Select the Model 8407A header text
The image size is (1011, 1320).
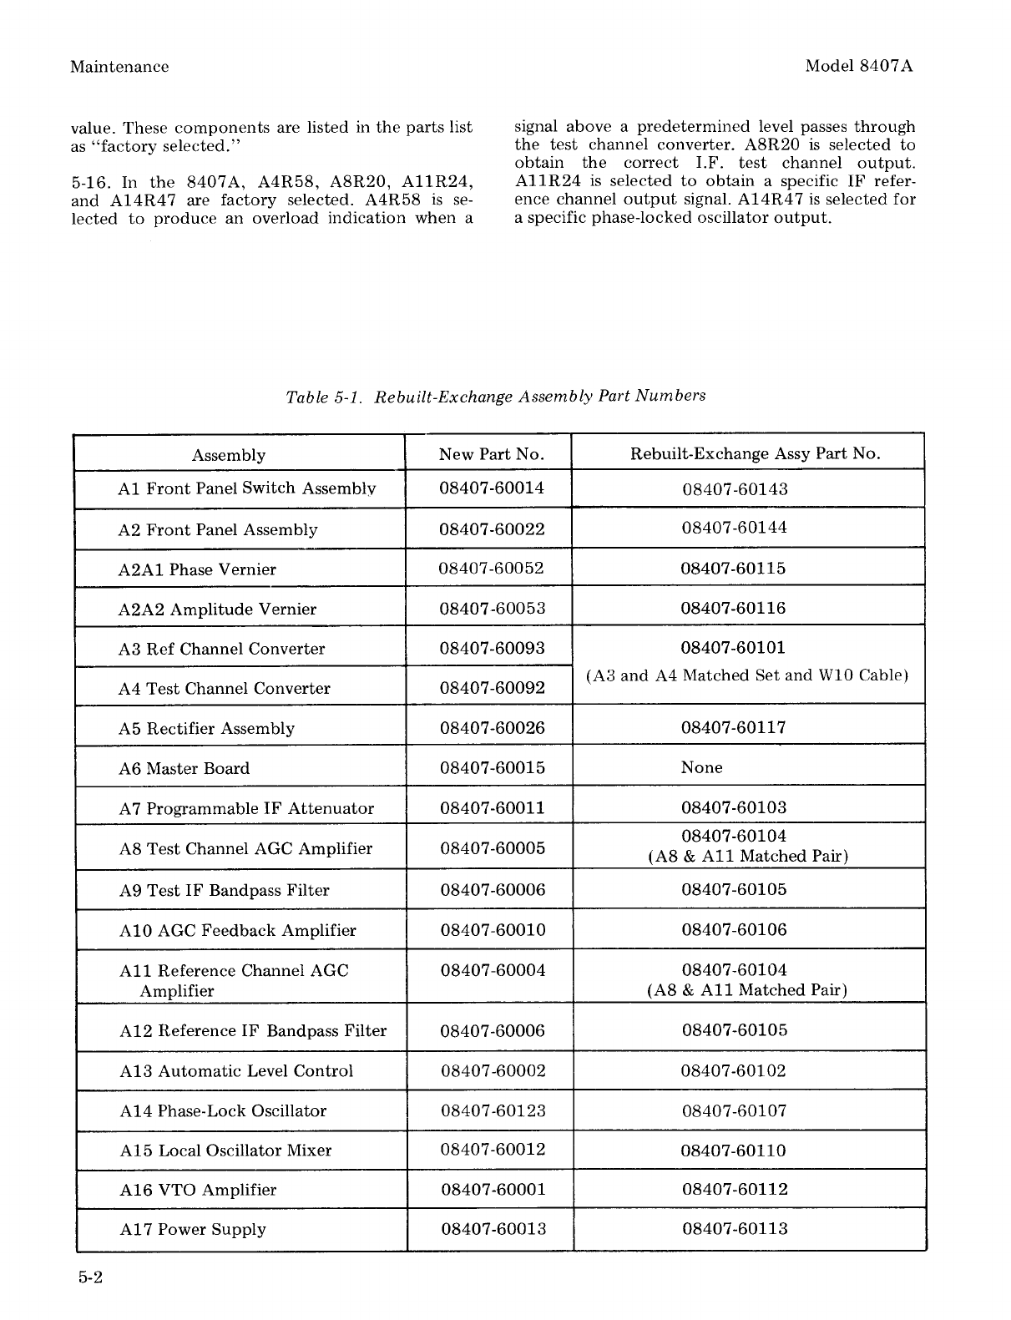tap(859, 67)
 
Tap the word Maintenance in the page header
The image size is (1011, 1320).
tap(119, 67)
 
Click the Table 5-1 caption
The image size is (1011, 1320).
tap(495, 396)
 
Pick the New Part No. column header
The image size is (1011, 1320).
tap(491, 454)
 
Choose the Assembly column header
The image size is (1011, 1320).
tap(229, 455)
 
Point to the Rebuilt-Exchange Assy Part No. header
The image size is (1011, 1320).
tap(755, 453)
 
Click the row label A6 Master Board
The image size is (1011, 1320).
tap(184, 768)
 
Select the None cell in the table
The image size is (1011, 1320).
tap(701, 767)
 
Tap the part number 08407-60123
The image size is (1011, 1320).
tap(492, 1110)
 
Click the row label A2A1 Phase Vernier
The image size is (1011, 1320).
tap(197, 569)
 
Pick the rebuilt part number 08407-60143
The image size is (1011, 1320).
tap(735, 489)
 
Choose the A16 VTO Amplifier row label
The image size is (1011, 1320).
tap(198, 1190)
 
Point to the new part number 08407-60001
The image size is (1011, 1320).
tap(493, 1189)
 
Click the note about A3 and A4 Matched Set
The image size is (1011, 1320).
tap(746, 675)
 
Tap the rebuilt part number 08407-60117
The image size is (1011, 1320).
tap(734, 727)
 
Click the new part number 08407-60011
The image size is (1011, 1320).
tap(493, 807)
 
